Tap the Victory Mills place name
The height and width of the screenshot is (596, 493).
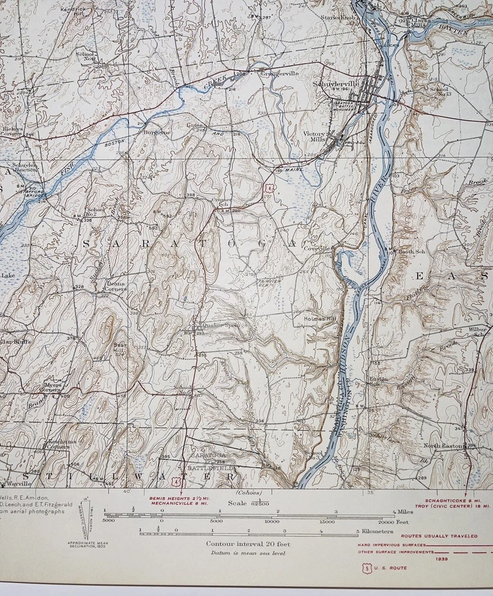[315, 137]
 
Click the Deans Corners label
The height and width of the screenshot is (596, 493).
[115, 286]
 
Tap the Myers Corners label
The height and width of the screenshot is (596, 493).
[53, 387]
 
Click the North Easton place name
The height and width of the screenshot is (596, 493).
[443, 446]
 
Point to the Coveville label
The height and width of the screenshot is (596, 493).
[316, 248]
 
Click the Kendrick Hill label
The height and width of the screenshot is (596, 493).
[73, 12]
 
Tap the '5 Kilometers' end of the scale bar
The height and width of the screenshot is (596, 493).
[376, 531]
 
